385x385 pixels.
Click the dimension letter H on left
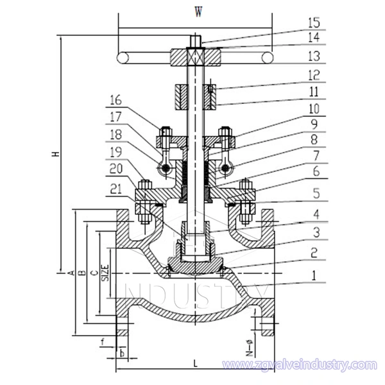pyautogui.click(x=56, y=154)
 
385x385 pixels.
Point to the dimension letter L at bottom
pyautogui.click(x=194, y=364)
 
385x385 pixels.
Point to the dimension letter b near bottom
pyautogui.click(x=123, y=353)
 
